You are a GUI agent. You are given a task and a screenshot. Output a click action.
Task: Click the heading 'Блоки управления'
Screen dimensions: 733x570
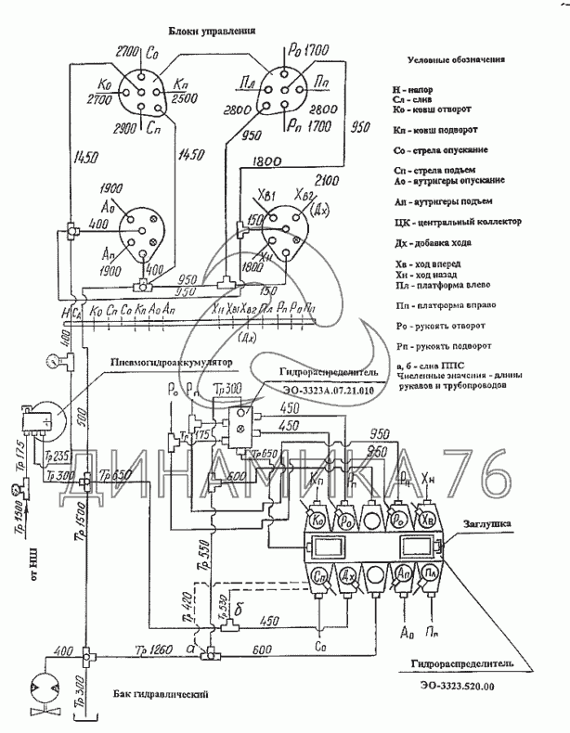[x=212, y=31]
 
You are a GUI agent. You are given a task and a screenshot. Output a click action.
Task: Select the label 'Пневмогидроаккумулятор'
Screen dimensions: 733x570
[x=170, y=363]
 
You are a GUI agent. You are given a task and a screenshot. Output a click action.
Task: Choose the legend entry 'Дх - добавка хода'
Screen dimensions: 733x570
[x=442, y=243]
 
